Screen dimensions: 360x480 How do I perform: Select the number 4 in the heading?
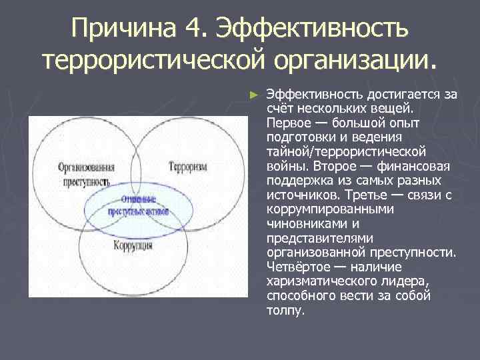click(x=195, y=29)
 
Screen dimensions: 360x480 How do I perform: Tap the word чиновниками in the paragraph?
click(x=299, y=223)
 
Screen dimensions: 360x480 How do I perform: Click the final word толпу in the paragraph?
click(x=283, y=310)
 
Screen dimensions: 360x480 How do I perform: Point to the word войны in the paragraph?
click(x=283, y=166)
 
